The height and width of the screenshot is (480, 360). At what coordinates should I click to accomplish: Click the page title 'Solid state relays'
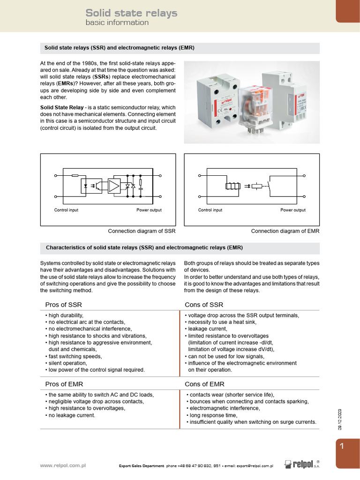pos(131,13)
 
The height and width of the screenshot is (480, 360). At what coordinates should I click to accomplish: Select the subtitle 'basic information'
pos(117,22)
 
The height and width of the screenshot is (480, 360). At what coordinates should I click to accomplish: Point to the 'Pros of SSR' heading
pos(63,305)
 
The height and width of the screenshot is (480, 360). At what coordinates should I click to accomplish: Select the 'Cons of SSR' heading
pos(204,305)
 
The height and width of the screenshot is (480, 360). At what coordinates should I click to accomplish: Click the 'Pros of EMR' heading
pos(64,384)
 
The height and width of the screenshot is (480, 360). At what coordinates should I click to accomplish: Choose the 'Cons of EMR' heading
pos(204,384)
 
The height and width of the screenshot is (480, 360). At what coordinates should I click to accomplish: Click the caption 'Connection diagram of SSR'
pos(142,231)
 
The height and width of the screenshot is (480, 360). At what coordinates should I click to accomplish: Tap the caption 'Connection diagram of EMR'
pos(285,231)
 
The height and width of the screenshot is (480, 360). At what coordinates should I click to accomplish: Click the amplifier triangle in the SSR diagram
pos(114,186)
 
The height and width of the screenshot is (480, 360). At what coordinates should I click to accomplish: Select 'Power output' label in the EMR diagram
pos(292,210)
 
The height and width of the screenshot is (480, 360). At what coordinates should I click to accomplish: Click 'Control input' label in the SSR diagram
pos(66,210)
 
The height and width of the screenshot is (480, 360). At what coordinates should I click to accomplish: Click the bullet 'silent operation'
pos(70,363)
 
